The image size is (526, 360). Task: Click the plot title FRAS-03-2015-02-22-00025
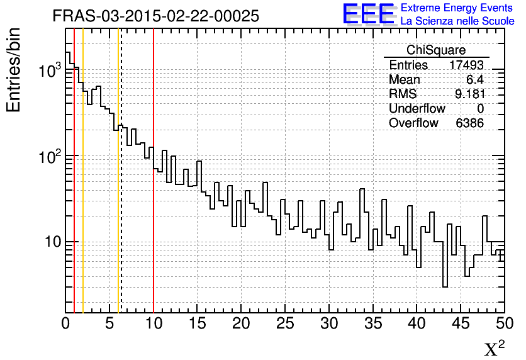155,16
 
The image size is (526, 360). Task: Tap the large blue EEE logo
369,14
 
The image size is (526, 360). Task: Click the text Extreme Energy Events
457,8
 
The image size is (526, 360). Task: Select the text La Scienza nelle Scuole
457,21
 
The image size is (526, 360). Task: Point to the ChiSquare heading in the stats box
435,50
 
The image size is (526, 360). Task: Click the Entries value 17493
466,65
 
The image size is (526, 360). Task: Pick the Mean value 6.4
474,80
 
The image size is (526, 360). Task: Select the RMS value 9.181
469,94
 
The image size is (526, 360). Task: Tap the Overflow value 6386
469,123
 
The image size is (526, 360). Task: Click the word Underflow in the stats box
417,108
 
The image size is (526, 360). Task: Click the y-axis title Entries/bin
14,70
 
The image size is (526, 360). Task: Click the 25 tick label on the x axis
285,325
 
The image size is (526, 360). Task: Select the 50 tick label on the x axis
504,325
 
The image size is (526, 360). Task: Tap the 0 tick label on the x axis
66,325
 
